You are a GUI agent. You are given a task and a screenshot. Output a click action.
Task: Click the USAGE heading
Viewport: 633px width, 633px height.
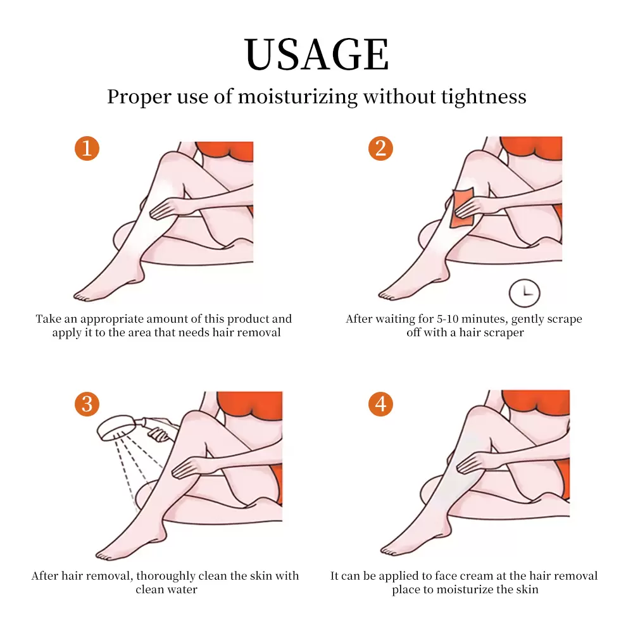tap(316, 54)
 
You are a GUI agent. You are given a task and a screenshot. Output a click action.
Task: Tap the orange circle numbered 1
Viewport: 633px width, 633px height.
tap(87, 148)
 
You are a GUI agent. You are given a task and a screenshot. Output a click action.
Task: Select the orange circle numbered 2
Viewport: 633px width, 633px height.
tap(380, 148)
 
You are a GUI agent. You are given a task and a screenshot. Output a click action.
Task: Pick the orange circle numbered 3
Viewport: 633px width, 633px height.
tap(87, 404)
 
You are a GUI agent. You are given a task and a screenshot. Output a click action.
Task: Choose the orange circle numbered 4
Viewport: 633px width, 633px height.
tap(380, 404)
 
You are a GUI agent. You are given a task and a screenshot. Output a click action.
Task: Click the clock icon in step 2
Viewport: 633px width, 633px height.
tap(524, 293)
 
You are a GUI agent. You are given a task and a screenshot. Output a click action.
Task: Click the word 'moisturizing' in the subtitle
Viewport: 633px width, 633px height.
tap(298, 97)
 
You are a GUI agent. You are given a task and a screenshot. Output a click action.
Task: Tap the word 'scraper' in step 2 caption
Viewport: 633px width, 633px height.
tap(506, 333)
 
